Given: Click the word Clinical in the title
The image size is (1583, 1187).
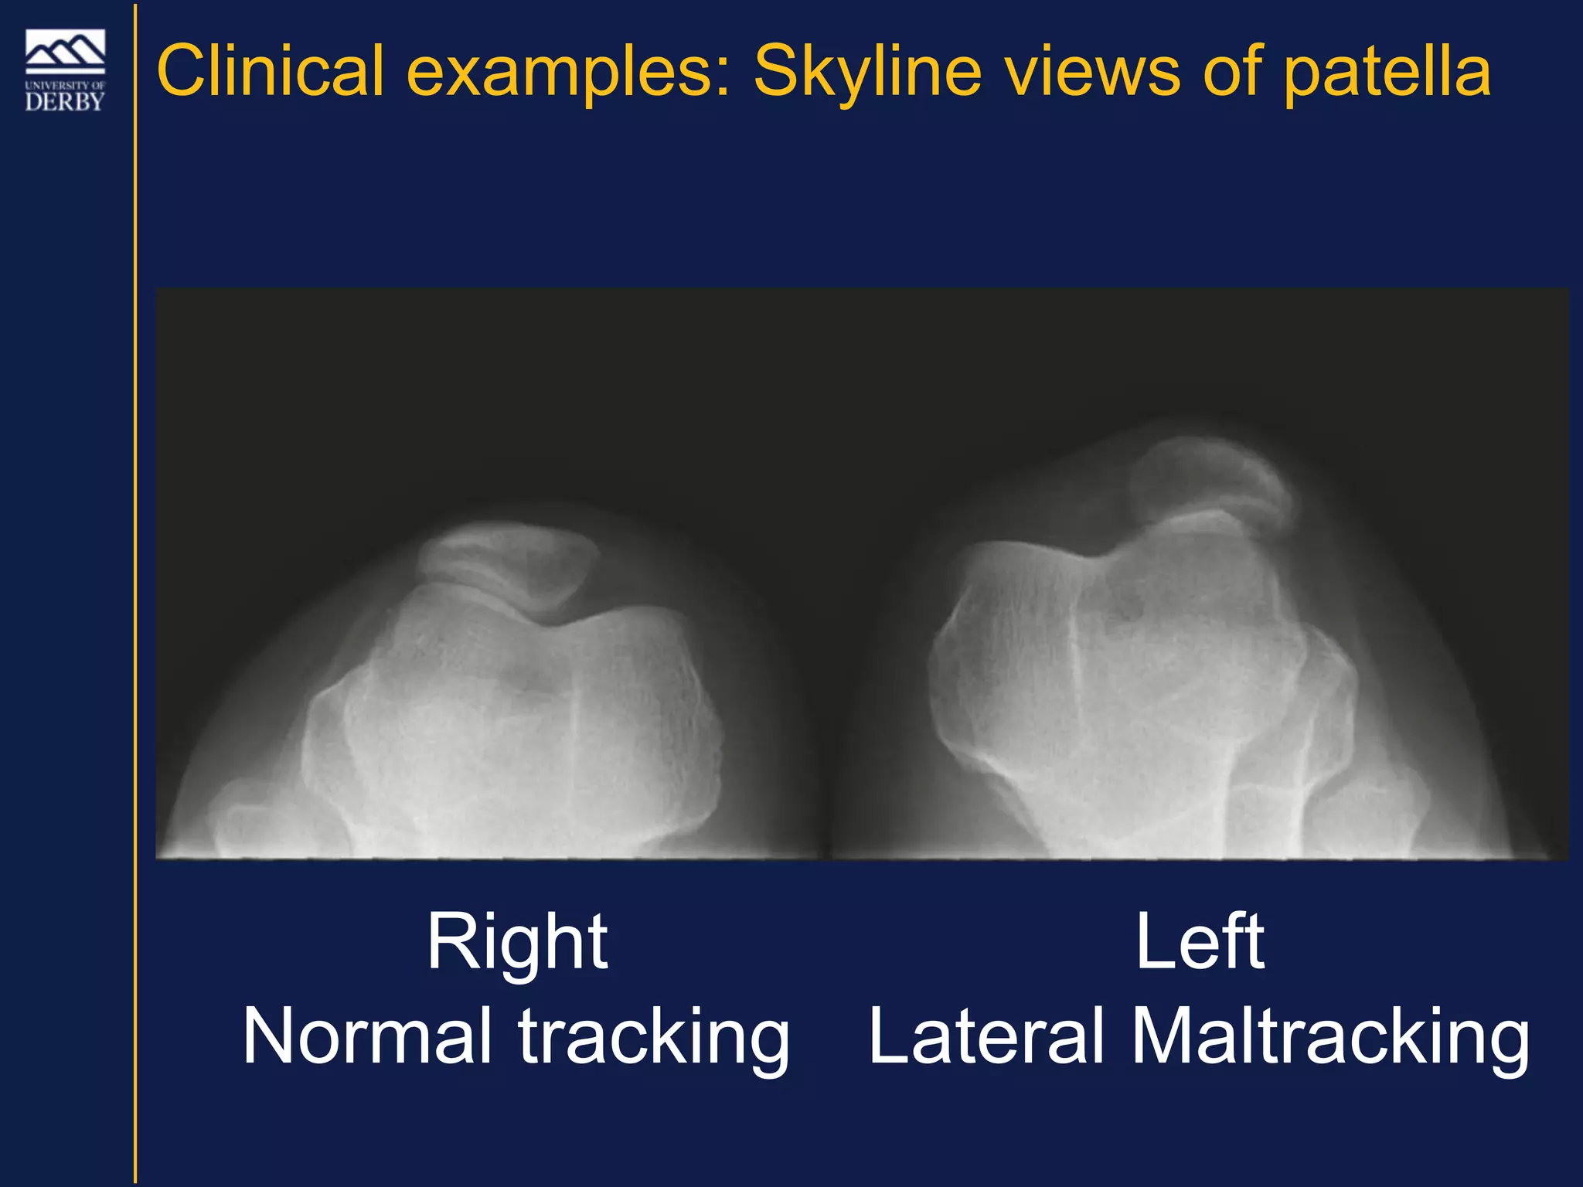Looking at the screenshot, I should pos(270,71).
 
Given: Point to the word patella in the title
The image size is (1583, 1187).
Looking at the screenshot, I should pos(1387,71).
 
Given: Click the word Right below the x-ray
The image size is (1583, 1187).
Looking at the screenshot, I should pos(517,943).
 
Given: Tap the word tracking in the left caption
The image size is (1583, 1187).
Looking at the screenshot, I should pos(654,1037).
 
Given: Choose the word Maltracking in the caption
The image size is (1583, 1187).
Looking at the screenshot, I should pos(1329,1037).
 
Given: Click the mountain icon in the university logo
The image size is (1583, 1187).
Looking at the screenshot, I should pos(65,51).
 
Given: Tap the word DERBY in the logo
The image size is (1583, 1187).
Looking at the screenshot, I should pos(65,101).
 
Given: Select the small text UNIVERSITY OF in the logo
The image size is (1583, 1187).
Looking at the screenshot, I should pos(65,85).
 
